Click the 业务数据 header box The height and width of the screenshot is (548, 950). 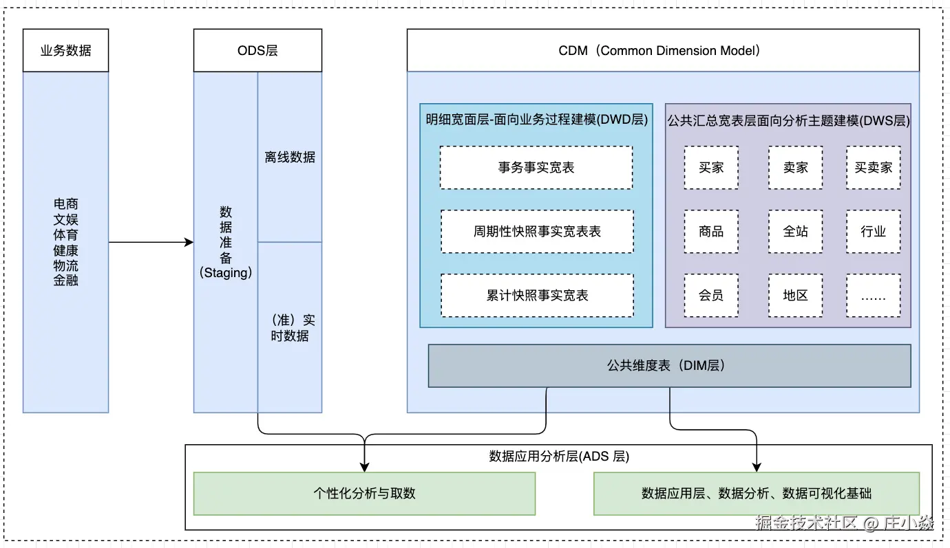pyautogui.click(x=65, y=50)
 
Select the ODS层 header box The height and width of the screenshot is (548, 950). pyautogui.click(x=257, y=50)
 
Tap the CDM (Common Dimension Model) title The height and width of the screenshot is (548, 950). pyautogui.click(x=662, y=50)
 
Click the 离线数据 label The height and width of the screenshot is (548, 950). pyautogui.click(x=290, y=157)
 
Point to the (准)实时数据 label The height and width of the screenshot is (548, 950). pyautogui.click(x=290, y=328)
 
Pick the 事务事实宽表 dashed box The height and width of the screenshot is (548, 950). pyautogui.click(x=536, y=167)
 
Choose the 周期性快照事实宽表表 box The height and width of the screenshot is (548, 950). pyautogui.click(x=537, y=232)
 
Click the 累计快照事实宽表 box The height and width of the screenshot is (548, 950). pyautogui.click(x=537, y=296)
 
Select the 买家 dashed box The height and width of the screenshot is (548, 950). pyautogui.click(x=711, y=167)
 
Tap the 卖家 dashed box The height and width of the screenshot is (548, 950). pyautogui.click(x=795, y=167)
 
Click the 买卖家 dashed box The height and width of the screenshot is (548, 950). pyautogui.click(x=873, y=167)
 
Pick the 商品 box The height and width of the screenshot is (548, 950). pyautogui.click(x=711, y=232)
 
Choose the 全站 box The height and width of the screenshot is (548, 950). pyautogui.click(x=795, y=232)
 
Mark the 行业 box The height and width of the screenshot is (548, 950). pyautogui.click(x=873, y=232)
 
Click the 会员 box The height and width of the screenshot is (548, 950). pyautogui.click(x=711, y=296)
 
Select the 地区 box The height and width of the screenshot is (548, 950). pyautogui.click(x=795, y=296)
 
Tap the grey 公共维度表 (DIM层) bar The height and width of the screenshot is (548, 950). pyautogui.click(x=669, y=366)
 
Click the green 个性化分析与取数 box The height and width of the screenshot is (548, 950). pyautogui.click(x=364, y=493)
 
